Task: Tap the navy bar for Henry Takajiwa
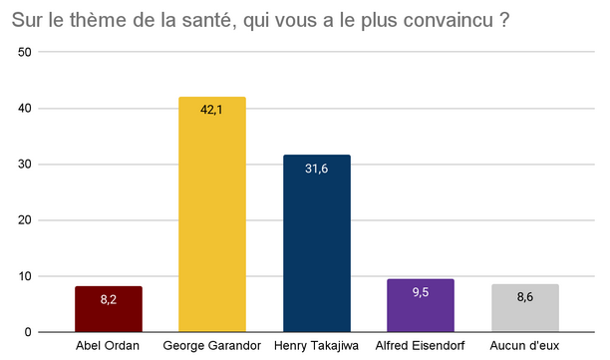(x=317, y=243)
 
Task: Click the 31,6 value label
(x=317, y=169)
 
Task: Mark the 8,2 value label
(x=109, y=298)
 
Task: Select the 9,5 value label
(x=421, y=292)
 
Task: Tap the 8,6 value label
(x=525, y=296)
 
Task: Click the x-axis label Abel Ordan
(x=109, y=346)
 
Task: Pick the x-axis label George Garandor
(x=212, y=346)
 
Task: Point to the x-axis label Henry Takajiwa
(x=317, y=346)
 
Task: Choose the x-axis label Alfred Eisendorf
(x=421, y=346)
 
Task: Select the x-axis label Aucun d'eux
(x=525, y=346)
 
